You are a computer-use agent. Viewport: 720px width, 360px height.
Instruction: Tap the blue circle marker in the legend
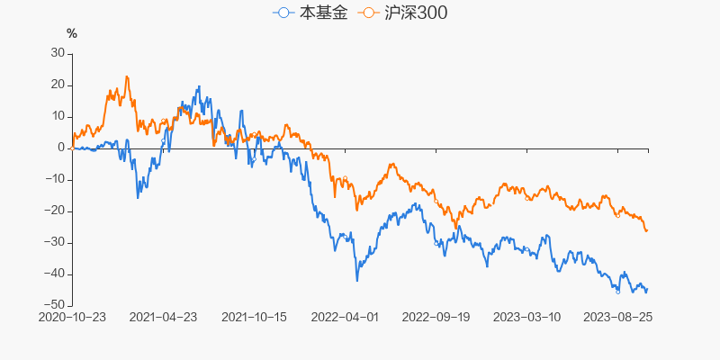(284, 13)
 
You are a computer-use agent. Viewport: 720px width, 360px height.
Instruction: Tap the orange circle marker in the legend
(367, 13)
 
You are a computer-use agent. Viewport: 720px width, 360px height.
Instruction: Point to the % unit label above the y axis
(72, 34)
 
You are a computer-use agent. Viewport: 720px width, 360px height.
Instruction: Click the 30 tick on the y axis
(58, 53)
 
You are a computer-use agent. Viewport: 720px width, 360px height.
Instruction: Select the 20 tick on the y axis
(58, 85)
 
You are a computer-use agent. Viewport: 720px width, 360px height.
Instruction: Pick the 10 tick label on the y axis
(58, 116)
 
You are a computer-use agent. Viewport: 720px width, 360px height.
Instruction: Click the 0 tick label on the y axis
(61, 148)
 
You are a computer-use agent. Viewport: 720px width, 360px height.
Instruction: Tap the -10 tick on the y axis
(56, 179)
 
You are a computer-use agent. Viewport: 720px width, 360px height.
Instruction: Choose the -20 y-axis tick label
(56, 211)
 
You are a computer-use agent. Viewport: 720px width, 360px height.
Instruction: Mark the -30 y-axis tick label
(56, 242)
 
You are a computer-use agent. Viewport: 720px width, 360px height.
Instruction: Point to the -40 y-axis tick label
(56, 274)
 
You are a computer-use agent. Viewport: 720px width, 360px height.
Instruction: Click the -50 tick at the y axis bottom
(56, 305)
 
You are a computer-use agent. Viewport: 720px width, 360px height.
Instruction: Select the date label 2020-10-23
(72, 317)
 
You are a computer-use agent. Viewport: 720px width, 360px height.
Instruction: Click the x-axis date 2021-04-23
(163, 317)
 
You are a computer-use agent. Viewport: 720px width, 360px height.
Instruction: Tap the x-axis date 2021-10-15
(254, 317)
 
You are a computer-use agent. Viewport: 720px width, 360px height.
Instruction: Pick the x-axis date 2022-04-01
(346, 317)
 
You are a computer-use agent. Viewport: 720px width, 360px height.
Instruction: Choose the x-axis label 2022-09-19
(436, 317)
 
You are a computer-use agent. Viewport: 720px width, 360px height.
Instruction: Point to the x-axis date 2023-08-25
(617, 317)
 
